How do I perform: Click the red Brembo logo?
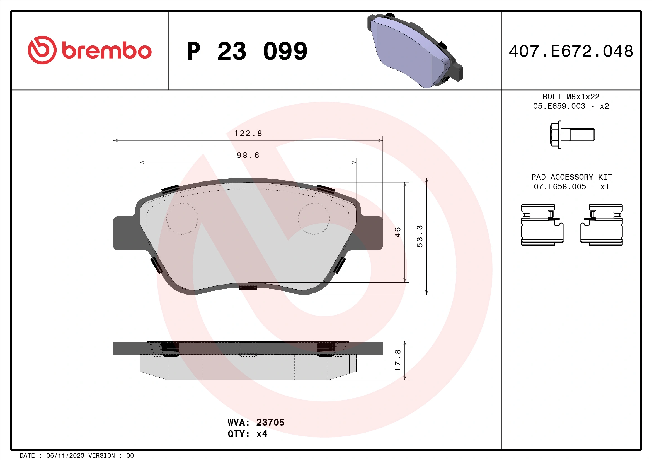tap(89, 50)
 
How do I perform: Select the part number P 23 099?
tap(247, 51)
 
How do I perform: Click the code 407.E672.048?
tap(571, 51)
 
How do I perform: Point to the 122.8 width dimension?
tap(248, 134)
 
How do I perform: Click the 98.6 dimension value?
tap(248, 156)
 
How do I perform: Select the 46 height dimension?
tap(397, 232)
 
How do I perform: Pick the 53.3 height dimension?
tap(420, 236)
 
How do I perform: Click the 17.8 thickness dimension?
tap(397, 360)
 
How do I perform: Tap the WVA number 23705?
tap(270, 422)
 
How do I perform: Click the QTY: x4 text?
tap(247, 434)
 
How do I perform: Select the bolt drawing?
tap(572, 135)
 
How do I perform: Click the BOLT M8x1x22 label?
tap(571, 97)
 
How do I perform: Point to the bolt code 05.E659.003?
tap(559, 106)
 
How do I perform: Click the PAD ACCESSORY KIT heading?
tap(571, 177)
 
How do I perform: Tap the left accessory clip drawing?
tap(542, 225)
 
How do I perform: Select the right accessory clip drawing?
tap(602, 225)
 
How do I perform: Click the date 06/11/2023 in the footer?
tap(65, 456)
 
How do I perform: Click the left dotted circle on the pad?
tap(182, 219)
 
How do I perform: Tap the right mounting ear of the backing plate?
tap(372, 233)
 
